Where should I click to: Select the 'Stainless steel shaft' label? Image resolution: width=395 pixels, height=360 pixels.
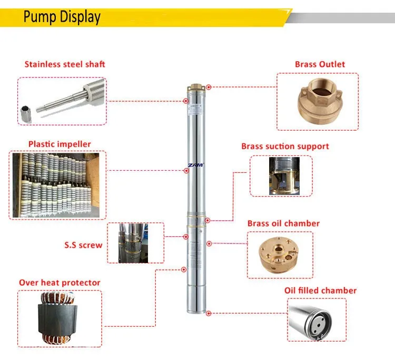coord(65,64)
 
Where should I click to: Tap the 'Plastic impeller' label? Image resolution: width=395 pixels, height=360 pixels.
coord(60,144)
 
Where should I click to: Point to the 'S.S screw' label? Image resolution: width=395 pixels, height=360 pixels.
coord(83,245)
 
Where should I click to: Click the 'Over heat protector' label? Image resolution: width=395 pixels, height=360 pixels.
coord(60,283)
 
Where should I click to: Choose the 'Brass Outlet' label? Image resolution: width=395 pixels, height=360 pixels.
coord(320,64)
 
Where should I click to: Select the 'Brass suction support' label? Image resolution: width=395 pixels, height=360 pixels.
coord(285,147)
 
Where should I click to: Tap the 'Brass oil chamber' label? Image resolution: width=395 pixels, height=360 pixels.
coord(283,223)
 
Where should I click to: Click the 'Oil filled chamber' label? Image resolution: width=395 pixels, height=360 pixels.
coord(320,290)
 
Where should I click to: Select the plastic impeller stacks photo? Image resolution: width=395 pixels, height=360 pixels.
coord(58,185)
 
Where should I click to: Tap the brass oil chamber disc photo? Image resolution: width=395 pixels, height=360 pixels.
coord(280,255)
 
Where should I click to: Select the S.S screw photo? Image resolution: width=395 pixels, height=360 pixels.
coord(136,243)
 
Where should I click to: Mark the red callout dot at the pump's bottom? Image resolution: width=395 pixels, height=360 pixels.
coord(209,313)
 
